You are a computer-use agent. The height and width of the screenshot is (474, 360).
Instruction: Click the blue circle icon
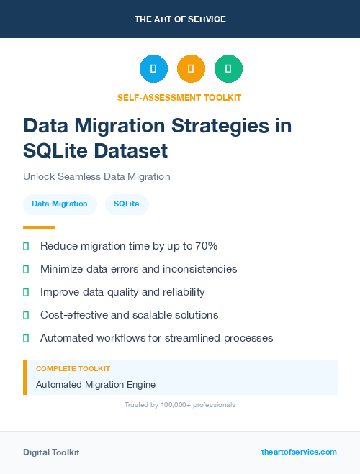point(153,68)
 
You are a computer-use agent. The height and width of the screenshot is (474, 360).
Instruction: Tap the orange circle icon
point(191,68)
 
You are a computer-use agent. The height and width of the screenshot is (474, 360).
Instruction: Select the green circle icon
point(228,68)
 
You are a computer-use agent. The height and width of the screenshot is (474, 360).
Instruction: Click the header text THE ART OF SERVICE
point(180,19)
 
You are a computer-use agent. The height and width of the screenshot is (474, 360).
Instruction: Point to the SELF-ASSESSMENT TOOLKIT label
point(180,97)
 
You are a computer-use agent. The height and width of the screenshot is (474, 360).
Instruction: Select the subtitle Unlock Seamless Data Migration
point(96,176)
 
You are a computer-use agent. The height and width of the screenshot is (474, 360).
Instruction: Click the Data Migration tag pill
point(60,204)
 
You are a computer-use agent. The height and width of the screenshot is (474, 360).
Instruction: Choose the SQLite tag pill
point(127,204)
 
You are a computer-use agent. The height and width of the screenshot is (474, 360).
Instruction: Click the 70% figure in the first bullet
point(204,246)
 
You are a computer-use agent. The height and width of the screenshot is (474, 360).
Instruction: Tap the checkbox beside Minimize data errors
point(26,269)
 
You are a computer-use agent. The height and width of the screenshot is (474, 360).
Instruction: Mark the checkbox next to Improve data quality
point(26,292)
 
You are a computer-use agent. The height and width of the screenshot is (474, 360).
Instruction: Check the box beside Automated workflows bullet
point(26,338)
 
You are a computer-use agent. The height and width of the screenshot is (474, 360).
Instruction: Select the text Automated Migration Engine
point(96,385)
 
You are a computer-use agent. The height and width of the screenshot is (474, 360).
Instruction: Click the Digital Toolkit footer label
point(51,452)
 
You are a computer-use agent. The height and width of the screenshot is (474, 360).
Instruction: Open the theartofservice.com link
point(299,452)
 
